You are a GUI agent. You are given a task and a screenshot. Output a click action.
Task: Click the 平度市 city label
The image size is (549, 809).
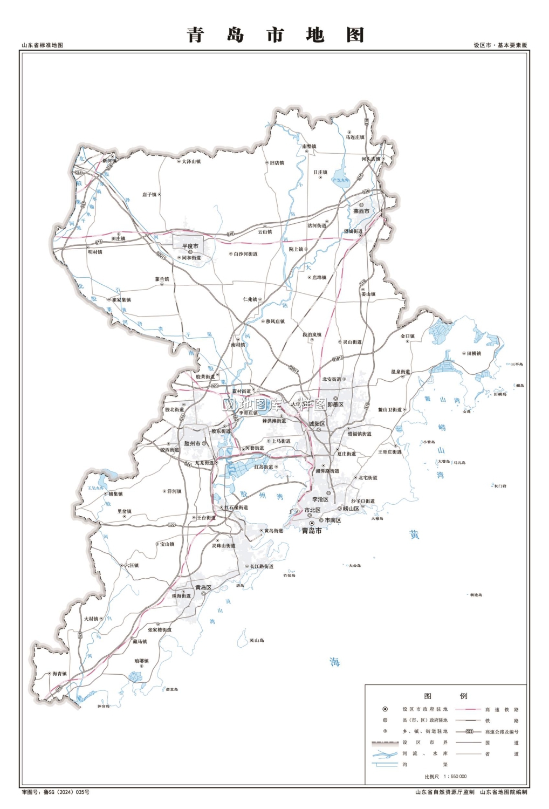[x=190, y=246]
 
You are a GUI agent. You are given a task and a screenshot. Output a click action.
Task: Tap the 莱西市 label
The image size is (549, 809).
[x=361, y=211]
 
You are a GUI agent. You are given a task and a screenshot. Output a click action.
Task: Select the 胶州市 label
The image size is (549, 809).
[x=192, y=443]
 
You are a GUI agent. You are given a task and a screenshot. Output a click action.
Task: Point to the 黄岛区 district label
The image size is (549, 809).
[x=203, y=587]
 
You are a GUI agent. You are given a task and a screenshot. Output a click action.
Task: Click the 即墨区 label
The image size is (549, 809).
[x=335, y=404]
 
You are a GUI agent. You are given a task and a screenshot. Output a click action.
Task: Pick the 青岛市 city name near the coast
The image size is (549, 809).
[x=312, y=531]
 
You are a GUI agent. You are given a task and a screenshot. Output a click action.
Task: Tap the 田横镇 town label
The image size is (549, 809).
[x=473, y=353]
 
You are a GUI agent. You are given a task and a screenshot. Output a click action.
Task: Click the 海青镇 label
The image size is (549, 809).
[x=59, y=674]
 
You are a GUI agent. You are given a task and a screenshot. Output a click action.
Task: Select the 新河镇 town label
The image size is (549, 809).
[x=109, y=161]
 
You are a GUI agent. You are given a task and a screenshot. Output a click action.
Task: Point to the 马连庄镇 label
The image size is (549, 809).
[x=355, y=137]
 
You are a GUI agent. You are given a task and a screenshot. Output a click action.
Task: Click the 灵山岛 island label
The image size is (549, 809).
[x=257, y=640]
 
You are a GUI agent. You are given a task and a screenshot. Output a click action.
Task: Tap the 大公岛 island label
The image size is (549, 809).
[x=354, y=566]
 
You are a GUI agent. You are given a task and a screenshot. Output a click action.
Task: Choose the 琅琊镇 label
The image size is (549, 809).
[x=141, y=661]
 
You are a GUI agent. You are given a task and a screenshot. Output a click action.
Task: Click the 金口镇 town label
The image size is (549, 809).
[x=408, y=336]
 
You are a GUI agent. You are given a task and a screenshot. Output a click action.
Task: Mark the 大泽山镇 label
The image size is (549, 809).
[x=191, y=161]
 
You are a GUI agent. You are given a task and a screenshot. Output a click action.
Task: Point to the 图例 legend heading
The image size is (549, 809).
[x=445, y=696]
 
